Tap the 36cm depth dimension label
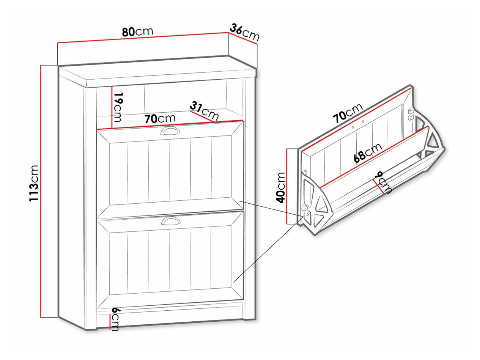pyautogui.click(x=244, y=32)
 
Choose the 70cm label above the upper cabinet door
pyautogui.click(x=160, y=119)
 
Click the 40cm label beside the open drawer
pyautogui.click(x=280, y=187)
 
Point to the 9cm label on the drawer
pyautogui.click(x=383, y=183)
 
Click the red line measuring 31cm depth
pyautogui.click(x=201, y=116)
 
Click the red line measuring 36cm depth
pyautogui.click(x=242, y=38)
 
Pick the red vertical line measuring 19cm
pyautogui.click(x=112, y=107)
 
